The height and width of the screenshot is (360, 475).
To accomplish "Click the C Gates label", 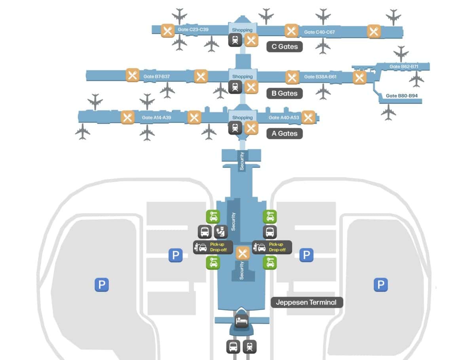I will click(285, 47).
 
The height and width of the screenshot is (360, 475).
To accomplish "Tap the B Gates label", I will click(285, 93).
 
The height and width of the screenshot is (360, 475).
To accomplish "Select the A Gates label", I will click(285, 133).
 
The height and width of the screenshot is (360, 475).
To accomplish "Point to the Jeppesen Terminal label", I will click(307, 302).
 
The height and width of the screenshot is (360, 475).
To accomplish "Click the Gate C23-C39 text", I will click(193, 30).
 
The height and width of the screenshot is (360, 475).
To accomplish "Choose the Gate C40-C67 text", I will click(319, 32).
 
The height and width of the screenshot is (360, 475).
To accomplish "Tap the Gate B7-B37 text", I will click(156, 76).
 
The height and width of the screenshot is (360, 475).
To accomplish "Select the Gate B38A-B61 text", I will click(320, 77).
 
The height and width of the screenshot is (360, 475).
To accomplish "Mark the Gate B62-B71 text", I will click(404, 66).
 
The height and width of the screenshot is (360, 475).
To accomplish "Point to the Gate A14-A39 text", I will click(156, 117).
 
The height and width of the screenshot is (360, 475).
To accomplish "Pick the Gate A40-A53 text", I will click(283, 117).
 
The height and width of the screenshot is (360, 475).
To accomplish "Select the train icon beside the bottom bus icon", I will click(249, 347).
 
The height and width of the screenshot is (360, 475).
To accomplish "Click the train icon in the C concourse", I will click(235, 40).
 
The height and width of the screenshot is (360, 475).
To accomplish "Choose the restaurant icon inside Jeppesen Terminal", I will click(243, 253).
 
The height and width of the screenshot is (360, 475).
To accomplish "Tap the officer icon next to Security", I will click(221, 232).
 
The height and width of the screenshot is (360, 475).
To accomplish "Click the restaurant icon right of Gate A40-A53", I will click(308, 117).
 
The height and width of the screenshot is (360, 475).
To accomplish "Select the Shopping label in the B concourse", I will click(242, 76).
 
